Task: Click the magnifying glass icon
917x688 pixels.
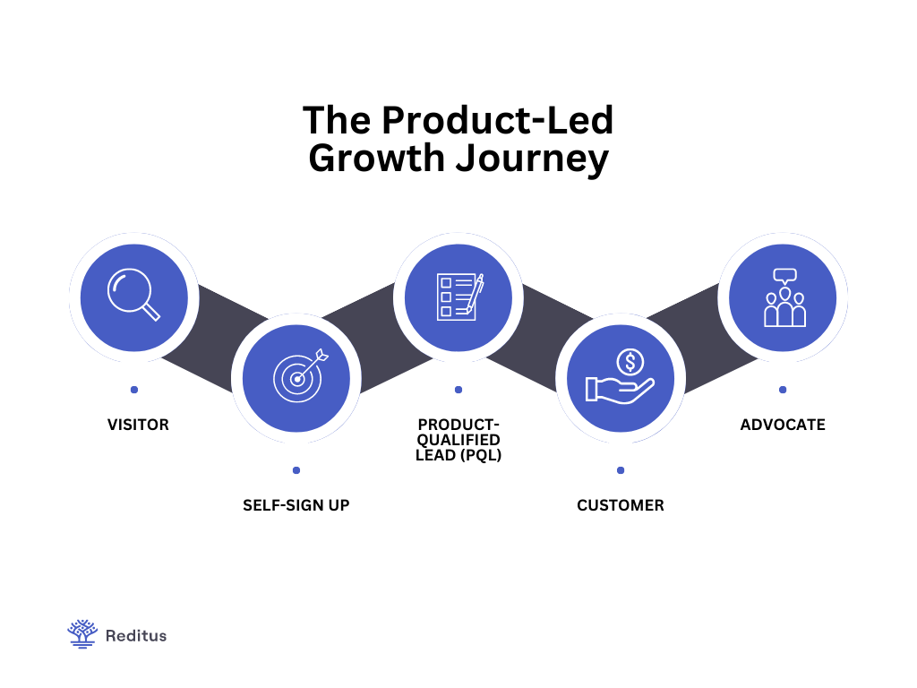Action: click(x=133, y=295)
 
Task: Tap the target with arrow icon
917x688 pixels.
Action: click(x=296, y=377)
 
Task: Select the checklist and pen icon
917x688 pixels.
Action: click(x=458, y=297)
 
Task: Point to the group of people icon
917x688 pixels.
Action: click(x=784, y=297)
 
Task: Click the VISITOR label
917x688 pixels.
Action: click(x=138, y=425)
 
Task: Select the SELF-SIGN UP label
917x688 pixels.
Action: click(x=296, y=505)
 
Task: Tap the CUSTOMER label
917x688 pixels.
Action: click(x=621, y=505)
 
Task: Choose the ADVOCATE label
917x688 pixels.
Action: click(x=783, y=425)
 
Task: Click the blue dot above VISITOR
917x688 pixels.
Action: click(x=134, y=390)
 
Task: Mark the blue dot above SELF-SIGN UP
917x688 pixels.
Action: click(x=296, y=470)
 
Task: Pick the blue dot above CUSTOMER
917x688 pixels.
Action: click(x=621, y=470)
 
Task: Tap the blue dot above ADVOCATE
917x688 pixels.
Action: click(x=783, y=390)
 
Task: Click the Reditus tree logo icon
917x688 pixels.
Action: click(x=82, y=634)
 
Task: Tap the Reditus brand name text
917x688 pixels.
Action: click(x=136, y=636)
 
